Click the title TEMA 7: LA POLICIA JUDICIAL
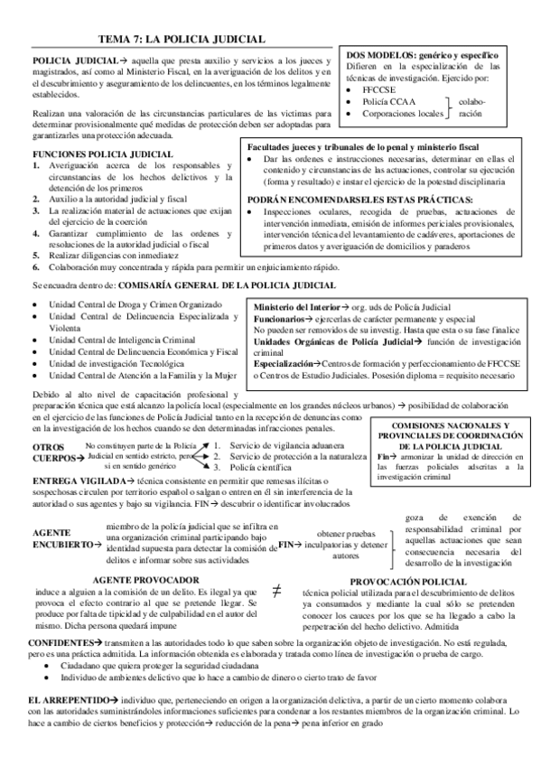click(x=180, y=39)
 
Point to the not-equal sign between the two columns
click(x=276, y=590)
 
